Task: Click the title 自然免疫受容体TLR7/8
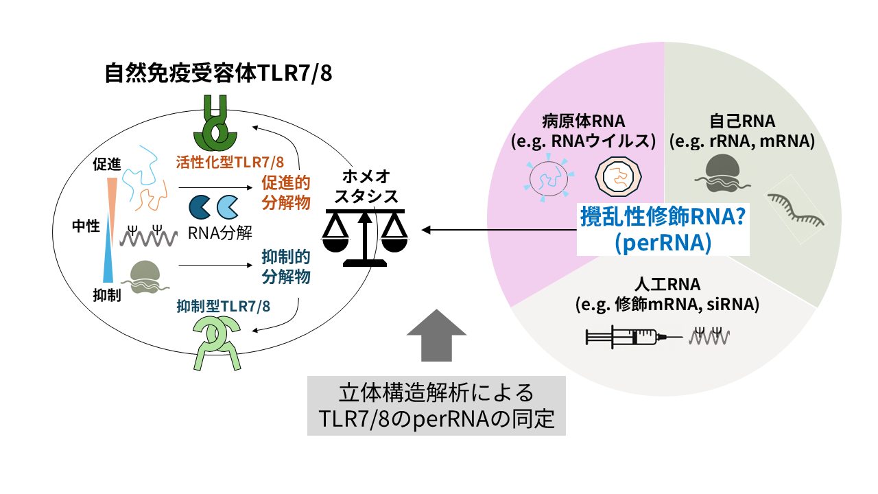[x=218, y=73]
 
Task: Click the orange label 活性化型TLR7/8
[x=230, y=163]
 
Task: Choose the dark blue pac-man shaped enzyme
[x=200, y=207]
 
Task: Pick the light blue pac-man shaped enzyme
[x=228, y=207]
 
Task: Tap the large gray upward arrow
[x=436, y=334]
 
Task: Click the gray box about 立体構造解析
[x=436, y=405]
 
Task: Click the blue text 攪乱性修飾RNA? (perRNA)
[x=663, y=230]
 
